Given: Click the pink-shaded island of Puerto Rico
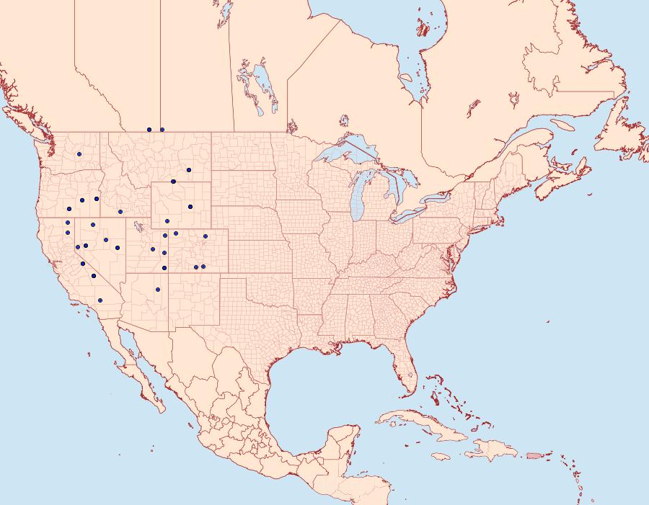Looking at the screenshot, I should pos(534,455).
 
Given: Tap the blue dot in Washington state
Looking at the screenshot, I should pos(79,154).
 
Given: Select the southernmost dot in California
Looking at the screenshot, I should pos(100,300).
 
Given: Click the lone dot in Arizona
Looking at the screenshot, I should pos(157,290).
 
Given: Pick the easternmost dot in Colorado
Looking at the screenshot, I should pos(206,236).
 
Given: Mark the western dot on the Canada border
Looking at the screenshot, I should pos(149,130).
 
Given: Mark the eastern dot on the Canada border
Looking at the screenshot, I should pos(162,130).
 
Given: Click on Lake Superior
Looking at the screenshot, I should pos(346,155).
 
